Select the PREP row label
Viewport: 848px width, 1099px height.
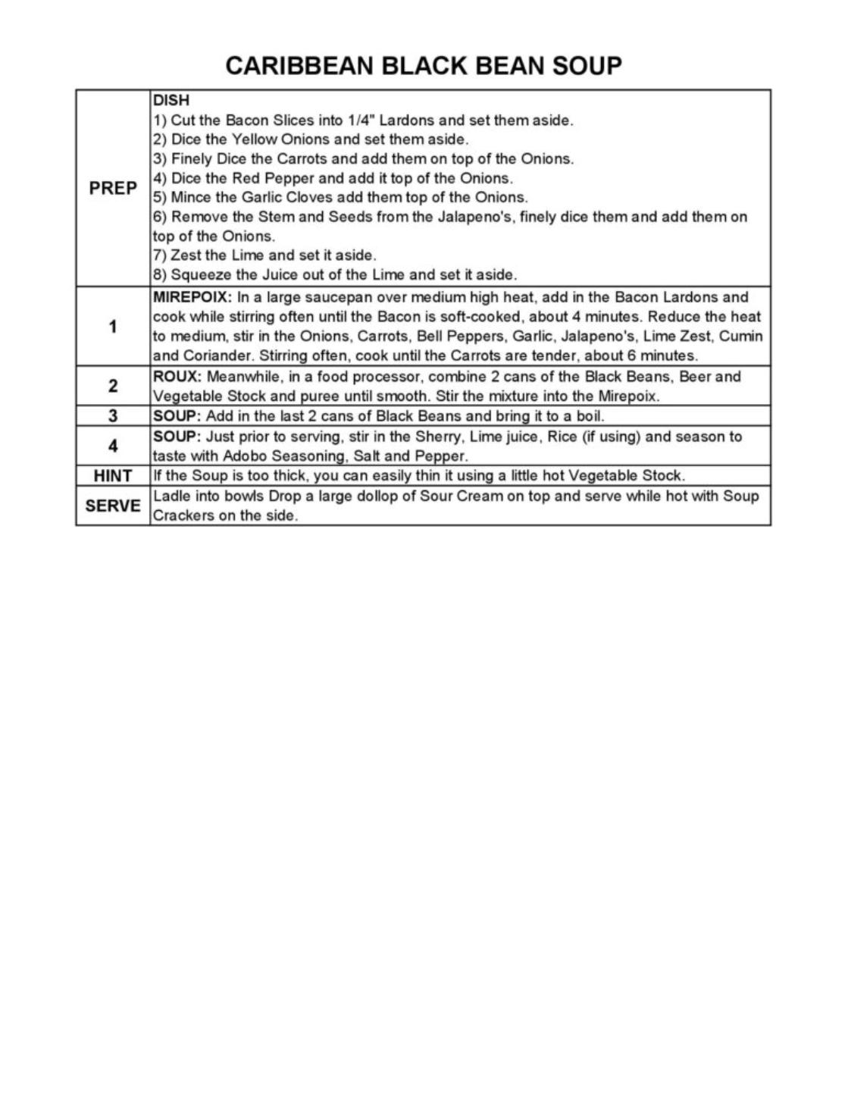click(113, 188)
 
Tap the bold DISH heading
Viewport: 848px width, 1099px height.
click(171, 100)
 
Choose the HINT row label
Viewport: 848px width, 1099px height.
click(113, 476)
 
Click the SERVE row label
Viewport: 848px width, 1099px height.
click(113, 506)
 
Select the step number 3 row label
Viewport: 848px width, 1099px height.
click(113, 416)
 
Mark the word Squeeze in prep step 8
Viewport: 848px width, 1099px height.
click(199, 274)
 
